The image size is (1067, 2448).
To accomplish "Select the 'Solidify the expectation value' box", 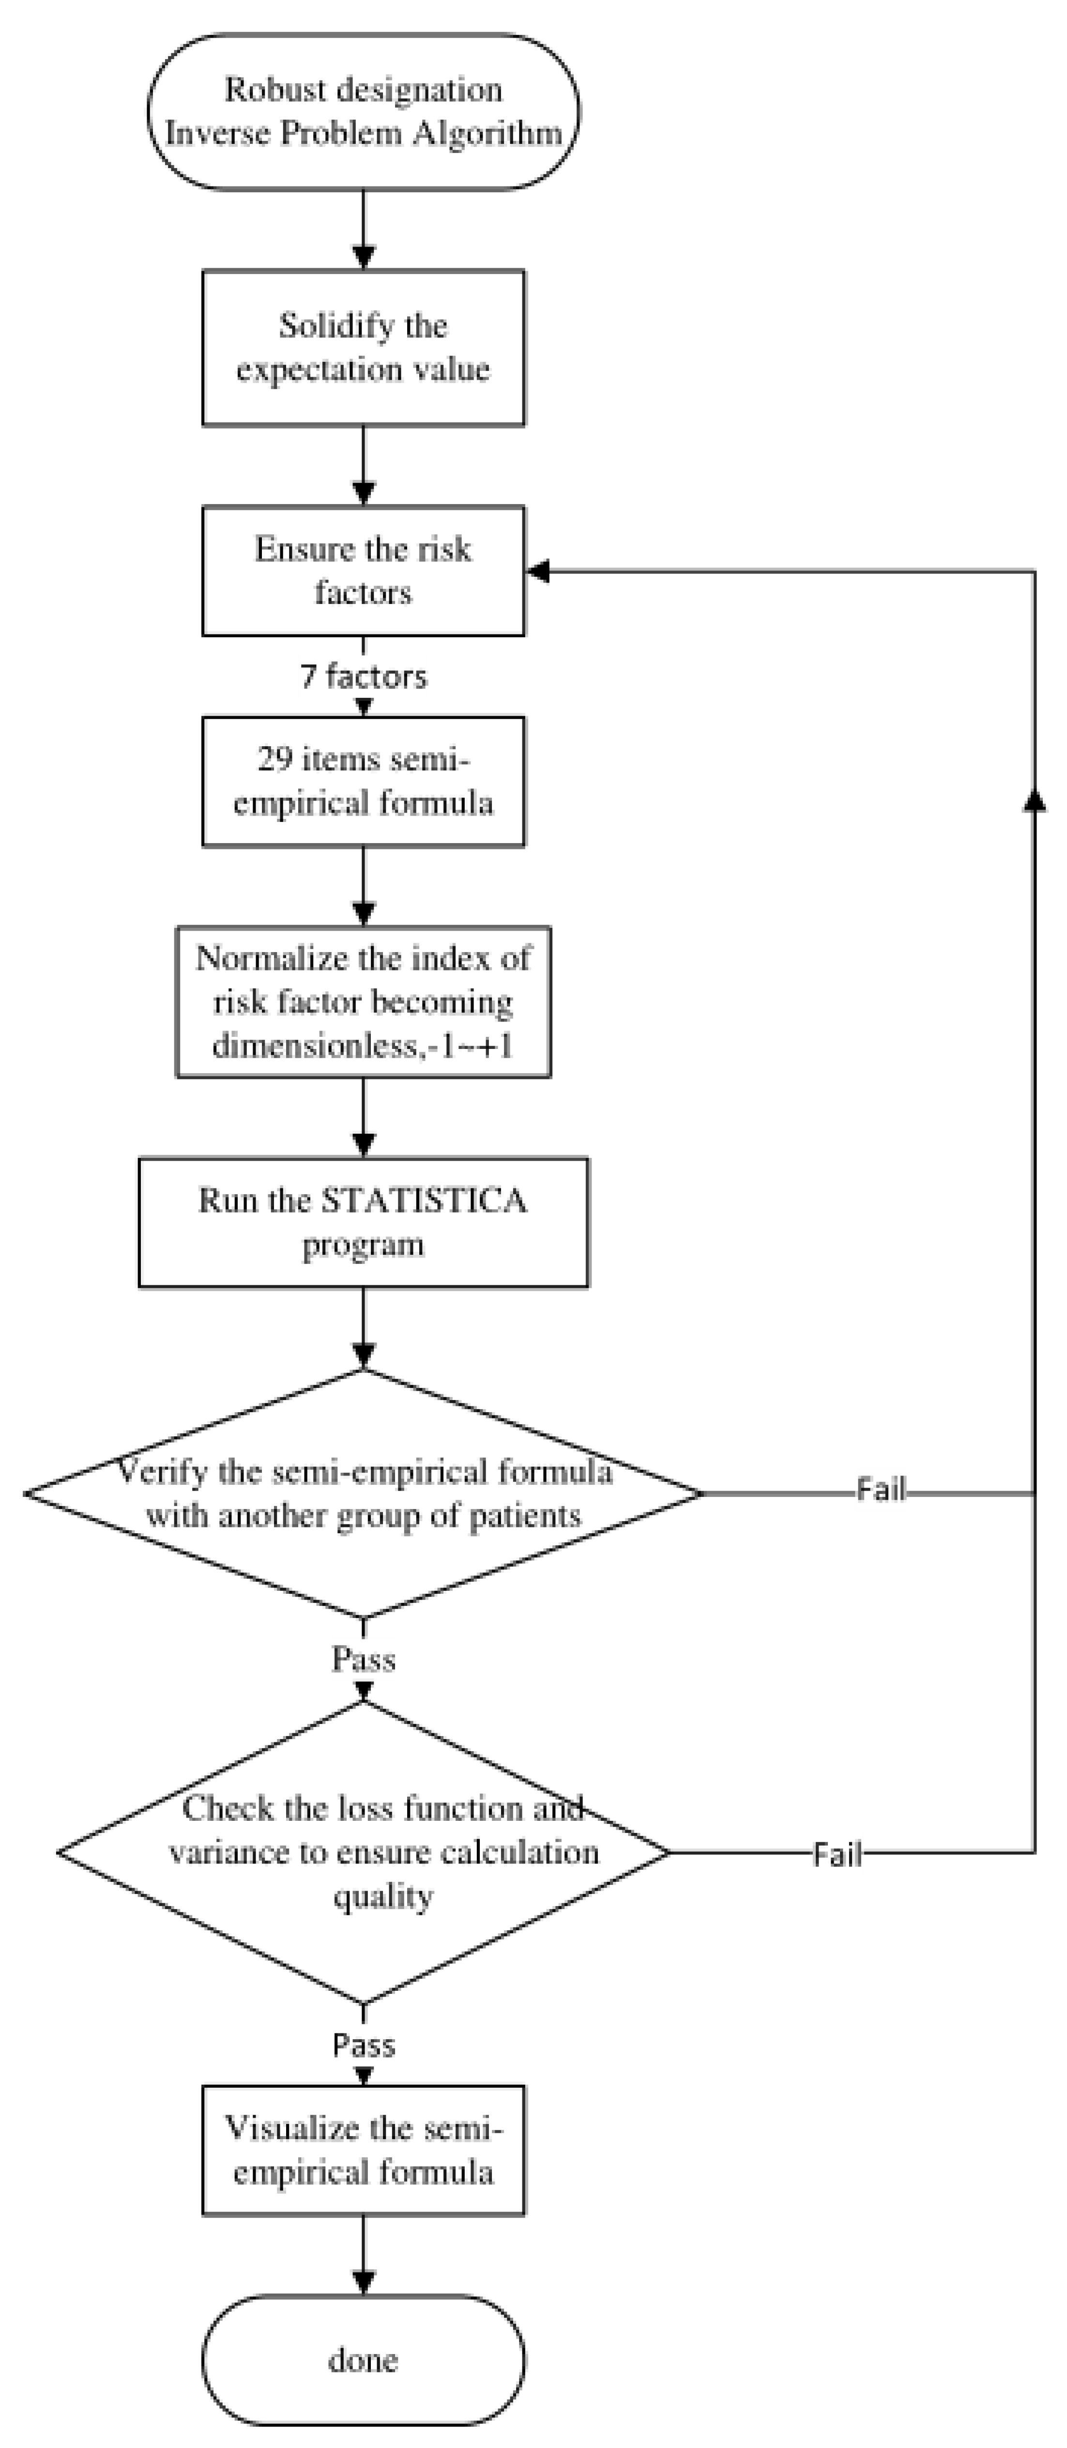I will (x=363, y=348).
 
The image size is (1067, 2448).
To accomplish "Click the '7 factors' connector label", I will (x=363, y=677).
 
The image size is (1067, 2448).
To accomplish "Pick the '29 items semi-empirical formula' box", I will (x=363, y=781).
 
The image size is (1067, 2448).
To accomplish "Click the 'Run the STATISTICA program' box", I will (x=363, y=1222).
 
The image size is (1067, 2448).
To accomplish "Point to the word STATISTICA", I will (x=424, y=1200).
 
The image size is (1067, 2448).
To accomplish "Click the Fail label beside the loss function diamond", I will (x=837, y=1854).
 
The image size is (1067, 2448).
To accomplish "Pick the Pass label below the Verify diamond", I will (x=363, y=1658).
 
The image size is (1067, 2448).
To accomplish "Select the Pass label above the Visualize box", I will (x=363, y=2044).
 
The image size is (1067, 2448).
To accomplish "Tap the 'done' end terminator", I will (x=363, y=2360).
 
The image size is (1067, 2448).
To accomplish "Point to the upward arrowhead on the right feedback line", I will (x=1034, y=801).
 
